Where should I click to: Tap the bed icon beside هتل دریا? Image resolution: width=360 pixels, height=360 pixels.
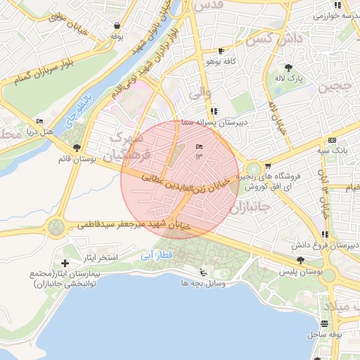pyautogui.click(x=39, y=121)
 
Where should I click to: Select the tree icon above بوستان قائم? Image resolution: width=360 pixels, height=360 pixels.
pyautogui.click(x=77, y=148)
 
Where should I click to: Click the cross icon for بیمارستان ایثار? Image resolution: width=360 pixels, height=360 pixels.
pyautogui.click(x=65, y=262)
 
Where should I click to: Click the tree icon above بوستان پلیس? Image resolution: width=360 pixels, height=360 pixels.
pyautogui.click(x=301, y=260)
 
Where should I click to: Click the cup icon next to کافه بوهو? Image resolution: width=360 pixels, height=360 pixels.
pyautogui.click(x=221, y=51)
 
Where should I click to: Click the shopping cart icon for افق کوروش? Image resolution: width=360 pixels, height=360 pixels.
pyautogui.click(x=268, y=166)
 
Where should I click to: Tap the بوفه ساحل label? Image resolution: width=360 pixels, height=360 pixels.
pyautogui.click(x=325, y=335)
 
